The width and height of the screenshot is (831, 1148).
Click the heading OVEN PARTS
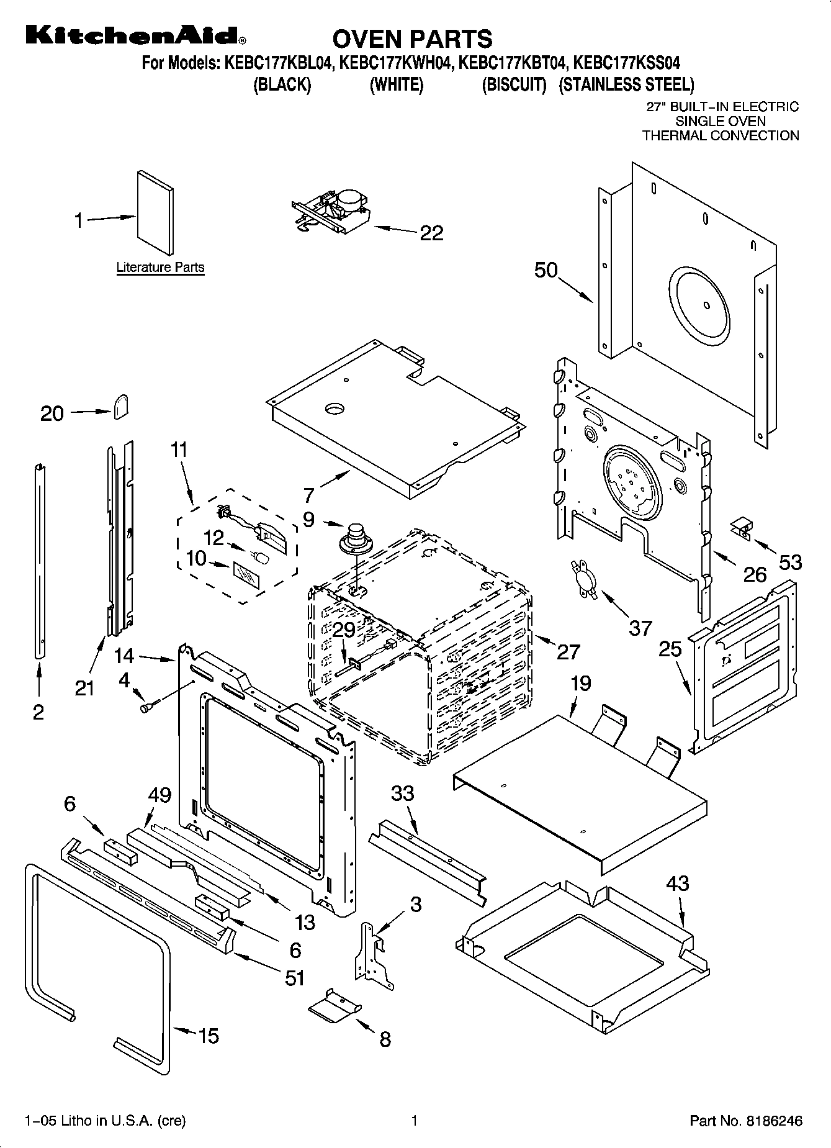point(412,38)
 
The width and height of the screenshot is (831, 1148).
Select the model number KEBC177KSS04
point(627,63)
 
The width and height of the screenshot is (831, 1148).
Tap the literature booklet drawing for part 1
point(155,213)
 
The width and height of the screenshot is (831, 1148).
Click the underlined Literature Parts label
point(160,268)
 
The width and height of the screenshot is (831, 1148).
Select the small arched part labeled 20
point(122,407)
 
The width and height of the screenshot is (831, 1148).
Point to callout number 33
point(403,793)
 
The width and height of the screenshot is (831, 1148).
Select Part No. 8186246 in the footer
point(746,1121)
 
